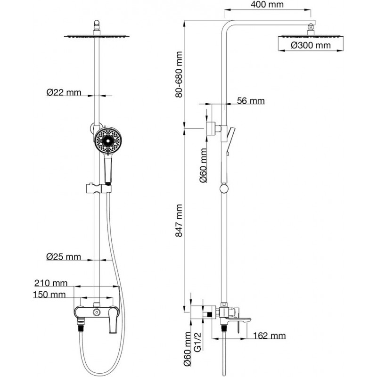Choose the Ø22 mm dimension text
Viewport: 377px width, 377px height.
pyautogui.click(x=64, y=93)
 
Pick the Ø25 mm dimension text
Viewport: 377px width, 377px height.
pyautogui.click(x=64, y=257)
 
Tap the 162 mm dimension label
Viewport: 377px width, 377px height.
pyautogui.click(x=269, y=336)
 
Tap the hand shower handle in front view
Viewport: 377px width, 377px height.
pyautogui.click(x=108, y=169)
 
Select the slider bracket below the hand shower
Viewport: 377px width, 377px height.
pyautogui.click(x=98, y=188)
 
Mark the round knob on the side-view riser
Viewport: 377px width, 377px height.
pyautogui.click(x=224, y=189)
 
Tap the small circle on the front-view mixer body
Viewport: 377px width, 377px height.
pyautogui.click(x=97, y=312)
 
